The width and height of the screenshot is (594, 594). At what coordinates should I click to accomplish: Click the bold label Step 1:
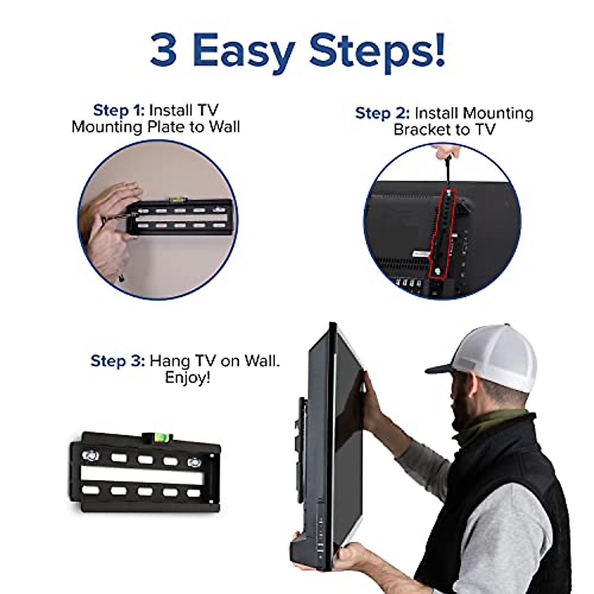pyautogui.click(x=119, y=110)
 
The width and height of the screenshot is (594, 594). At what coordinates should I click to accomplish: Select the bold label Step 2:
pyautogui.click(x=382, y=113)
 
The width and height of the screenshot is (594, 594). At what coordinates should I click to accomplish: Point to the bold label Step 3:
pyautogui.click(x=117, y=361)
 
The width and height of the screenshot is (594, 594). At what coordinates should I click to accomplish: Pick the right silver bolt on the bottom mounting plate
pyautogui.click(x=194, y=462)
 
